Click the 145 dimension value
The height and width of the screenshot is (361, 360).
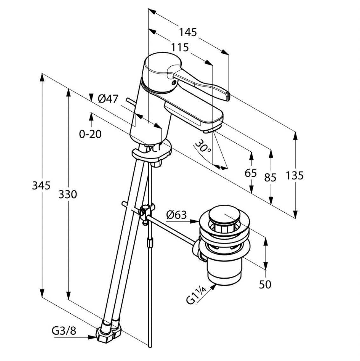click(188, 32)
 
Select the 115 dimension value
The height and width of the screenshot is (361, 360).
click(180, 47)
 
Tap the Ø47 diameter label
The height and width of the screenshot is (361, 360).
click(108, 99)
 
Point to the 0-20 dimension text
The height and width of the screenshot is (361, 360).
click(90, 134)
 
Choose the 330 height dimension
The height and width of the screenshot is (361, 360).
click(67, 194)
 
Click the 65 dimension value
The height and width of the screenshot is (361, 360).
click(250, 173)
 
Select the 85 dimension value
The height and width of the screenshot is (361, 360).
click(270, 177)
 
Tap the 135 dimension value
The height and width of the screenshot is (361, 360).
click(295, 175)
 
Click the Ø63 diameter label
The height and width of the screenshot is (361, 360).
click(176, 215)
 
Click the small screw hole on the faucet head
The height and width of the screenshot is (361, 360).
click(173, 82)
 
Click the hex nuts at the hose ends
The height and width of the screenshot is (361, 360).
click(109, 332)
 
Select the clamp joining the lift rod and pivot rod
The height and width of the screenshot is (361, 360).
click(146, 211)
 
